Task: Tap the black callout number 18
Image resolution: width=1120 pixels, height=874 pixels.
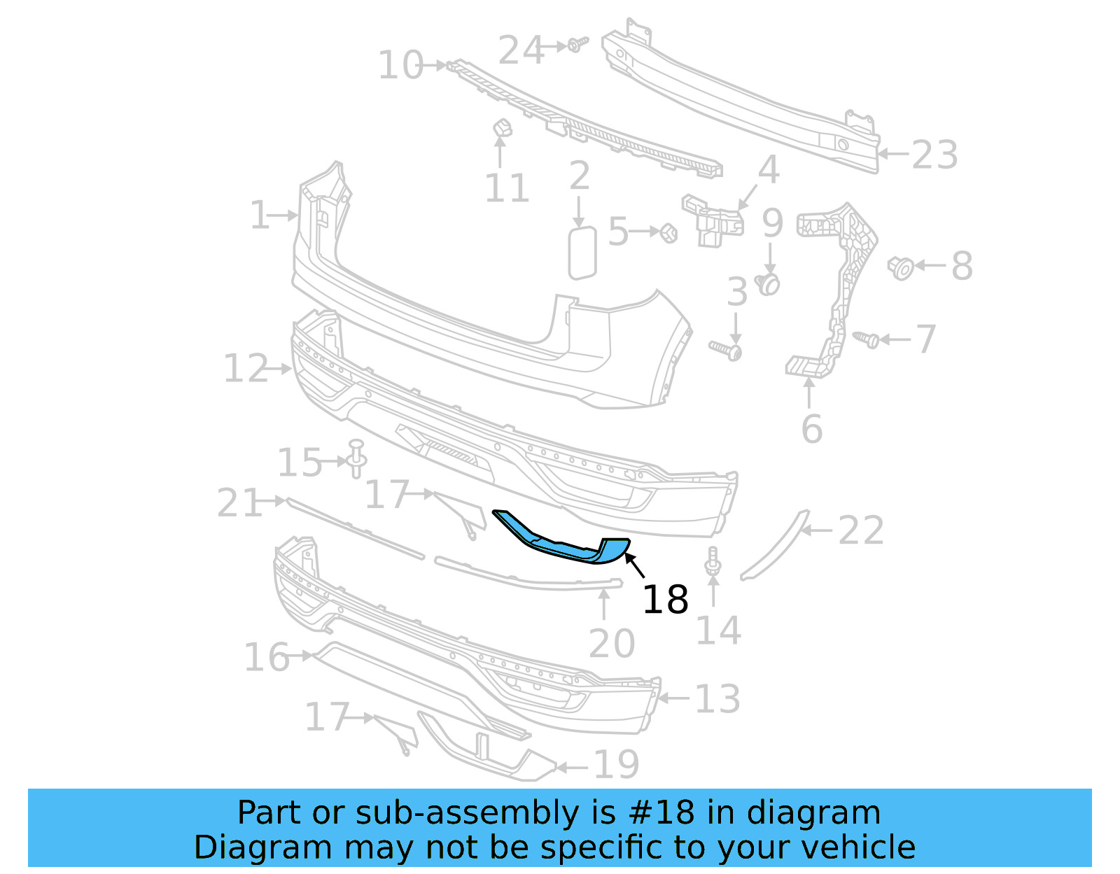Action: tap(665, 600)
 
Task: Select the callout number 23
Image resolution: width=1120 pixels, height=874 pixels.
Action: tap(934, 155)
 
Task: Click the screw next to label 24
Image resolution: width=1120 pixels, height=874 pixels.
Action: tap(577, 45)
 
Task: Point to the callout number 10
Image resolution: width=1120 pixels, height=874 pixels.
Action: tap(400, 65)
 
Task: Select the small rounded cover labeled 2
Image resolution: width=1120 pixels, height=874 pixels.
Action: tap(582, 252)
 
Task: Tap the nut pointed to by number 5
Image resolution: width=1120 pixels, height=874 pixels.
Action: tap(668, 232)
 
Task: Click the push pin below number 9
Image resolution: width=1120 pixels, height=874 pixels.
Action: tap(769, 283)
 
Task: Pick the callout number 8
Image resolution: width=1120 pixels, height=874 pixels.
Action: tap(962, 266)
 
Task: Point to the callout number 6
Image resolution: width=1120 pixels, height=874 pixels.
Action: tap(811, 429)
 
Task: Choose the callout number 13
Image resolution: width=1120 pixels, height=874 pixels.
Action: tap(717, 699)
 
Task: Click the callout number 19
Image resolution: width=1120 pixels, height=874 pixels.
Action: tap(616, 765)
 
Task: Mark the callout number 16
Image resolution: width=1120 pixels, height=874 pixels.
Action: tap(267, 658)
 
